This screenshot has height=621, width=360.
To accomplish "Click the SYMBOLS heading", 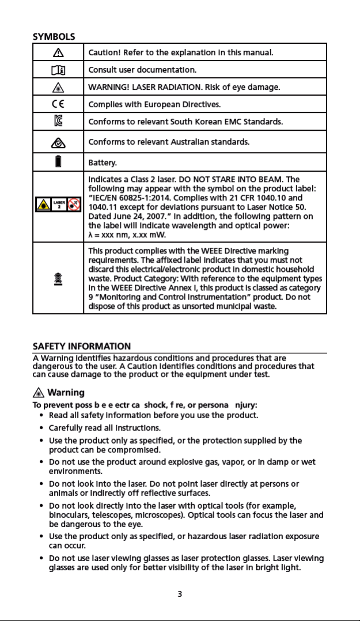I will tap(54, 36).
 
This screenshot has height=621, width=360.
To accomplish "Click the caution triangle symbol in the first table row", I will tap(58, 52).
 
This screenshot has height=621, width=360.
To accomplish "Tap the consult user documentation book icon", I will tap(58, 70).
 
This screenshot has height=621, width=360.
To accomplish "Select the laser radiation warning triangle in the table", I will tap(58, 87).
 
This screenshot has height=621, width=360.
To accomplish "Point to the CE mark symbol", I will tap(58, 104).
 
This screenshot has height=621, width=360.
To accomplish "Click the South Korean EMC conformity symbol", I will tap(58, 122).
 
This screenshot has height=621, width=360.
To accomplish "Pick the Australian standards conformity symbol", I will tap(58, 142).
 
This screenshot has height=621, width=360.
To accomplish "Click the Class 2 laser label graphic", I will tap(58, 205).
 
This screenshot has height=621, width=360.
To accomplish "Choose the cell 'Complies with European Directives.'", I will tap(154, 104).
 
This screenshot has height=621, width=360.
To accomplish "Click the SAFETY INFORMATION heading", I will tap(81, 346).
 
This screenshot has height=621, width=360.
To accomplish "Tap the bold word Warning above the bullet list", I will tap(66, 392).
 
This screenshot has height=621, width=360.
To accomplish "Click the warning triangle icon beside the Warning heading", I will tap(38, 393).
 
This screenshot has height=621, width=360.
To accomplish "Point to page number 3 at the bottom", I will tap(180, 594).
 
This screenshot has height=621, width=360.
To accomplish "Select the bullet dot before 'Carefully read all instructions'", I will tap(41, 428).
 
